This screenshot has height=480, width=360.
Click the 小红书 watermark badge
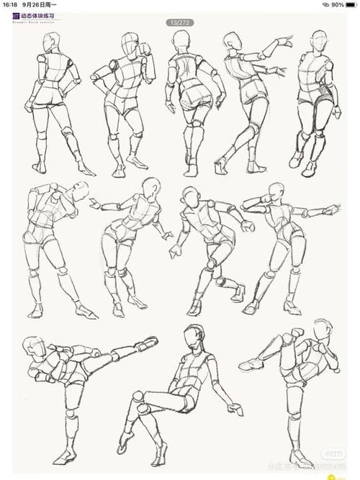click(332, 454)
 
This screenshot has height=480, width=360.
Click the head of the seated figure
click(190, 336)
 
